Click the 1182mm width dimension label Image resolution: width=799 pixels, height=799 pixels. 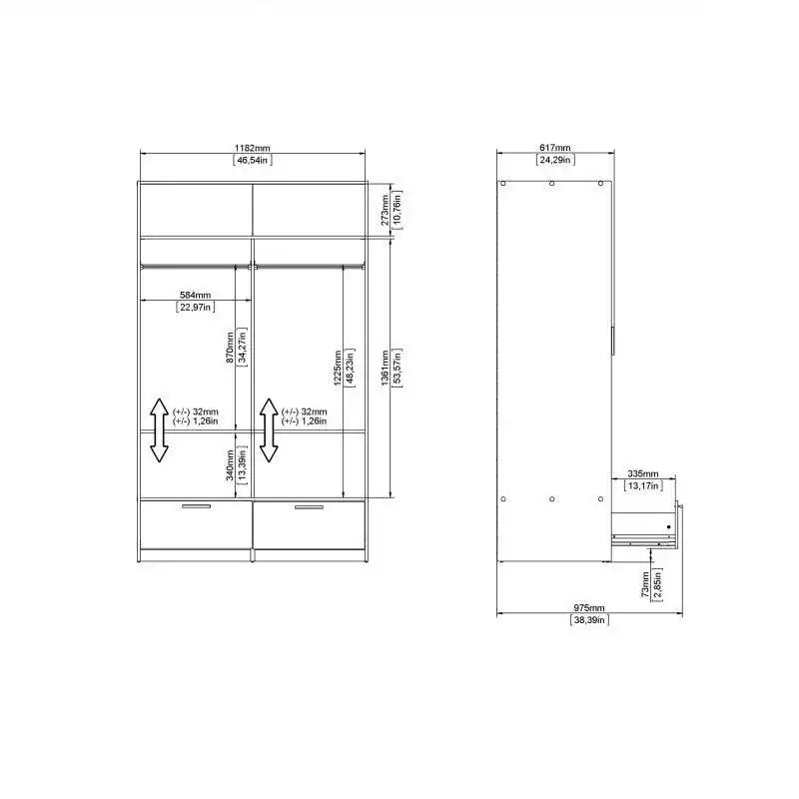252,147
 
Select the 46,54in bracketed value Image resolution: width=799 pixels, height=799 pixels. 252,160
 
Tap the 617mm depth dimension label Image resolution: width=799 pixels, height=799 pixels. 554,147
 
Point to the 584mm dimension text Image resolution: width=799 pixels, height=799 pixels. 195,295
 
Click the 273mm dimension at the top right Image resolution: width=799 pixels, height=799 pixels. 386,210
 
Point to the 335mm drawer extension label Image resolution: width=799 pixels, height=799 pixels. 643,473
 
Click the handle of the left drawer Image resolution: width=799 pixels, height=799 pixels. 196,507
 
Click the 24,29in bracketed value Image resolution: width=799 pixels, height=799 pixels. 554,160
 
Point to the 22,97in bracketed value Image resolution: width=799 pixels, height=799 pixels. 195,308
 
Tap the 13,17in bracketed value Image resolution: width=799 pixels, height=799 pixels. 643,486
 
